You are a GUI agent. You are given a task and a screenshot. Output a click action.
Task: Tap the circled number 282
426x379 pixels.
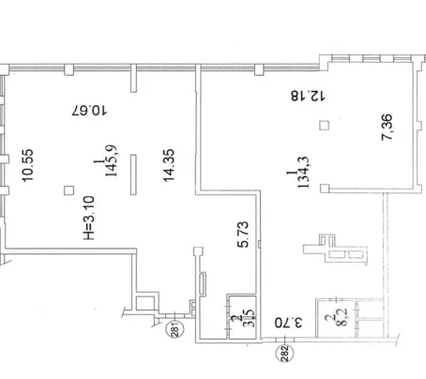click(285, 354)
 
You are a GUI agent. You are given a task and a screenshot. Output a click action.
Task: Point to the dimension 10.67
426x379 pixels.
click(89, 111)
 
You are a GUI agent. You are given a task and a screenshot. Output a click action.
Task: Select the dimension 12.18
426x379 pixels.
click(308, 96)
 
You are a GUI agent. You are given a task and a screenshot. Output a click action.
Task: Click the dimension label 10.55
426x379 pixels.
click(27, 165)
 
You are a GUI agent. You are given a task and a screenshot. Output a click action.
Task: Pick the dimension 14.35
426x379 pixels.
click(169, 165)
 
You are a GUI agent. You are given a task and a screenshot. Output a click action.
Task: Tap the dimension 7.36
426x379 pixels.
click(388, 128)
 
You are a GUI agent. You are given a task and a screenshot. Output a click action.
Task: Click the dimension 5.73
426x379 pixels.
click(243, 235)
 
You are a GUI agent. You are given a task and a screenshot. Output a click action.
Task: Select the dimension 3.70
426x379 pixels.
click(289, 323)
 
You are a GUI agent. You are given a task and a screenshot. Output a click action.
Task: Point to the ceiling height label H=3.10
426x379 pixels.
click(89, 218)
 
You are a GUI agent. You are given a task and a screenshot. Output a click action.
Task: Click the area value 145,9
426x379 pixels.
click(111, 160)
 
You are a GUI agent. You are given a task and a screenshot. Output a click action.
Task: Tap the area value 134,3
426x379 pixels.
click(304, 173)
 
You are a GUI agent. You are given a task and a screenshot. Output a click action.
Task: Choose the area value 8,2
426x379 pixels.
click(343, 318)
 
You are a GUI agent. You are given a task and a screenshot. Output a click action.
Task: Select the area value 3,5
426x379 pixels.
click(251, 318)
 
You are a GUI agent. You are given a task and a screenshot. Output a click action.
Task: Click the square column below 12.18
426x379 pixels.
click(325, 126)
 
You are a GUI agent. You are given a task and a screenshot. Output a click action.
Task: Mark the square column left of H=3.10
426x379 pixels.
click(68, 190)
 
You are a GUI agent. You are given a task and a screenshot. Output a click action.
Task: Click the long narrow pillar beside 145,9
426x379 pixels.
click(133, 174)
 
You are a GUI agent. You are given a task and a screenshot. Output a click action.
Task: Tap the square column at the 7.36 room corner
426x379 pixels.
click(325, 189)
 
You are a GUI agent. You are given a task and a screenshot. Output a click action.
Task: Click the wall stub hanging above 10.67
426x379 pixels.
click(133, 78)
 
